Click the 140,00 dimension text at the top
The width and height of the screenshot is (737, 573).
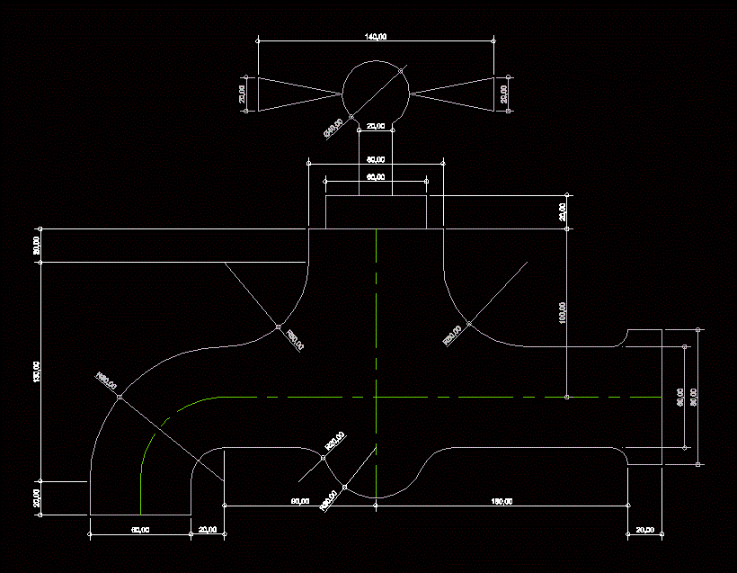coord(376,36)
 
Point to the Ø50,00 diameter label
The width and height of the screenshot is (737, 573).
coord(333,129)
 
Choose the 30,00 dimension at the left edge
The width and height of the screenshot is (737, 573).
coord(37,245)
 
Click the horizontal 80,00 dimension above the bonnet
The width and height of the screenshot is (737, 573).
coord(376,160)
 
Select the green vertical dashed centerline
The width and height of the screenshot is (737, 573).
coord(376,360)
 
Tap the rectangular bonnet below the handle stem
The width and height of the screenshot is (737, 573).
coord(376,212)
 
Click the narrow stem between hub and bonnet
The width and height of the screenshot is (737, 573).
coord(376,144)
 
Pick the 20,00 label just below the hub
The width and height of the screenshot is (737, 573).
coord(376,127)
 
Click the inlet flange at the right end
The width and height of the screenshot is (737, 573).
coord(644,397)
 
